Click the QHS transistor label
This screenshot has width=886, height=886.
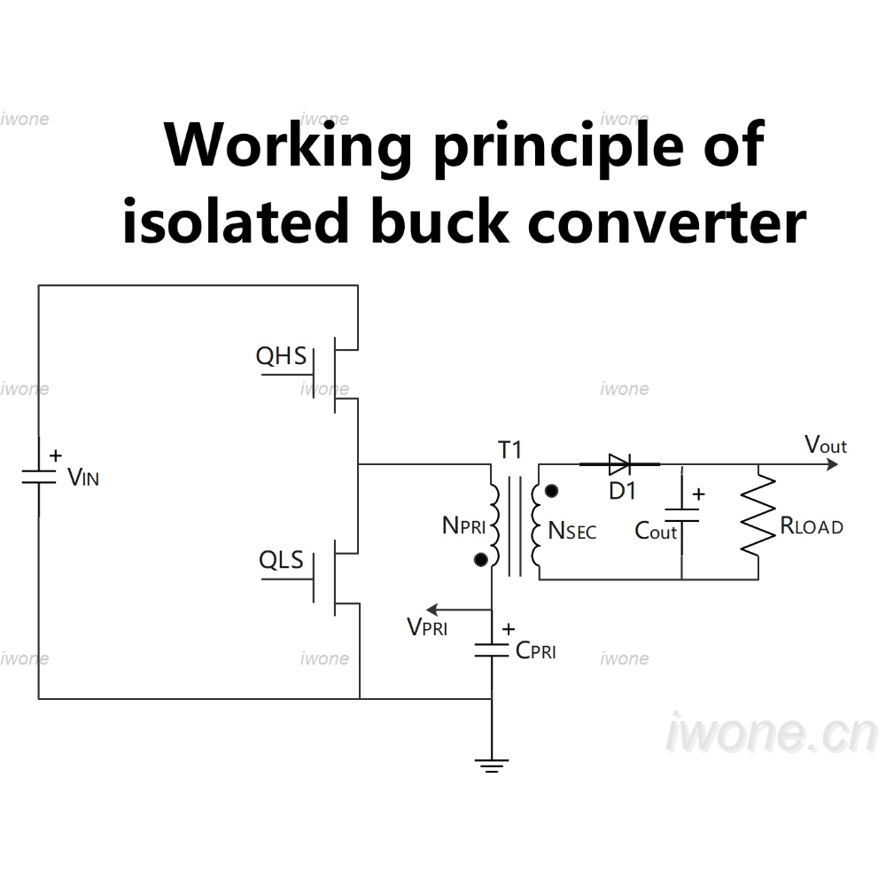(281, 356)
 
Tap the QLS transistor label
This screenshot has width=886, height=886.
(281, 560)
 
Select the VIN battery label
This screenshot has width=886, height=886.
(83, 478)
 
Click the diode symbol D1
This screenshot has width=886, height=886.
(619, 464)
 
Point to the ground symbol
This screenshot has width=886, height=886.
(492, 766)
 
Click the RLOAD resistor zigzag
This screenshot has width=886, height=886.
(758, 514)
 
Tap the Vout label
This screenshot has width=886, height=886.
(826, 445)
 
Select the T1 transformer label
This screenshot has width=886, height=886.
(509, 450)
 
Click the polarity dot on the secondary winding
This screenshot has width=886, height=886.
(551, 491)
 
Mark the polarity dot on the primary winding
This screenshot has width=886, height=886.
(481, 560)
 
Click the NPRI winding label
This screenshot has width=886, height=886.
(464, 525)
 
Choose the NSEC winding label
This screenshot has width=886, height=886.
(571, 531)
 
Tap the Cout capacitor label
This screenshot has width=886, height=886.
(656, 531)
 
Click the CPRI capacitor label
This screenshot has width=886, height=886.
(536, 650)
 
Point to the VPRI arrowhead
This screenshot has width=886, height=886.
(431, 610)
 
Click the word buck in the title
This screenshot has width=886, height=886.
(439, 221)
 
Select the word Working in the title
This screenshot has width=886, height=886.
(288, 144)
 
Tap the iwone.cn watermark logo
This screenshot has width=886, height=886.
(772, 733)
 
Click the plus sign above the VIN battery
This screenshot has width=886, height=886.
(55, 455)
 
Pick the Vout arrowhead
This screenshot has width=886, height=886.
(832, 464)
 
